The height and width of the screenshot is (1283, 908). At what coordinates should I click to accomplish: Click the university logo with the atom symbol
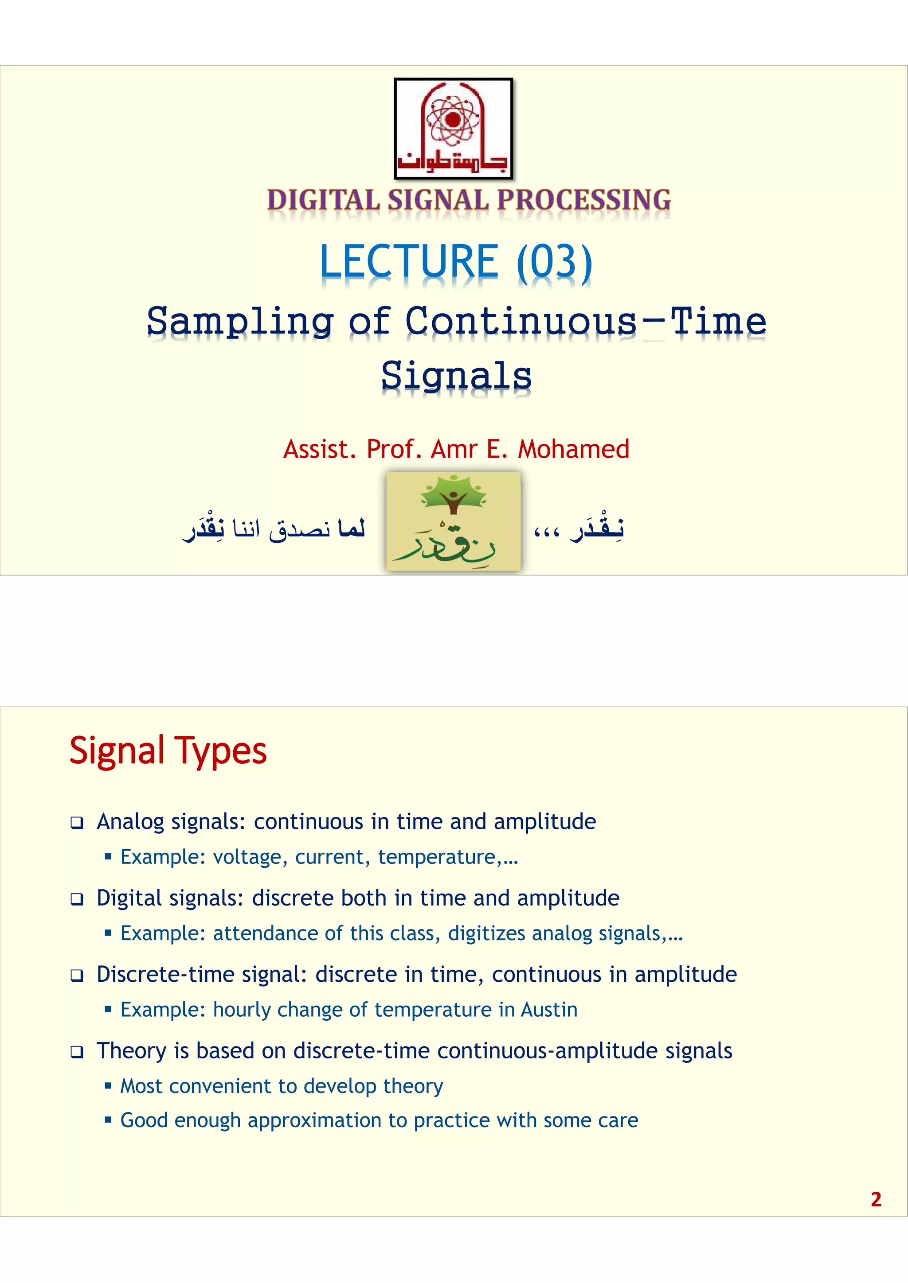pyautogui.click(x=454, y=128)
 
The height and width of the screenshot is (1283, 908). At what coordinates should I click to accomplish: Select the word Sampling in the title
pyautogui.click(x=240, y=323)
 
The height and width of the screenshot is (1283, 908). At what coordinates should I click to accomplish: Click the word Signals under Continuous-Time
pyautogui.click(x=456, y=376)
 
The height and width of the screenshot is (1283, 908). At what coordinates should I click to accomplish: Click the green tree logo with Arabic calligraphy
pyautogui.click(x=454, y=521)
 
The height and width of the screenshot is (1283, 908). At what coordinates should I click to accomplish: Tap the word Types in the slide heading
pyautogui.click(x=220, y=750)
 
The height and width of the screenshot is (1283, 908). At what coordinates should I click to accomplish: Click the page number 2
pyautogui.click(x=876, y=1199)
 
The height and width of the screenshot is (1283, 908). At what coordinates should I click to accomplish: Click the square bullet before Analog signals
pyautogui.click(x=77, y=823)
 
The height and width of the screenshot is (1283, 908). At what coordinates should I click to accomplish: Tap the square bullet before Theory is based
pyautogui.click(x=77, y=1052)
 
